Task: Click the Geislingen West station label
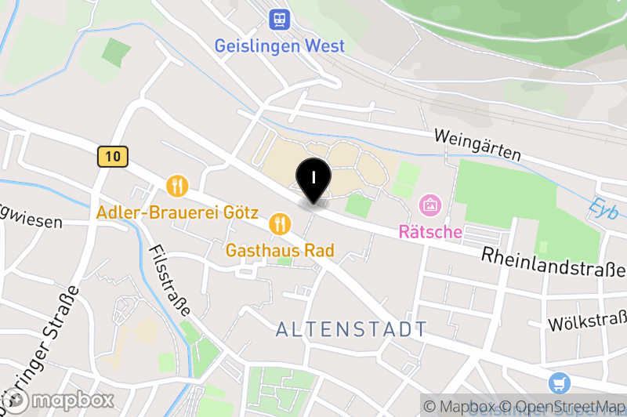click(x=279, y=45)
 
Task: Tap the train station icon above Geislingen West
click(x=279, y=17)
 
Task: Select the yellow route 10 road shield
click(x=113, y=156)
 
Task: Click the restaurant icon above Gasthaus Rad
click(x=280, y=224)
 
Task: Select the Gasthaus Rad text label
click(x=280, y=251)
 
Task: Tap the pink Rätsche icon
click(x=430, y=206)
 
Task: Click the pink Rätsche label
click(x=430, y=232)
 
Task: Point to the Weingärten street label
click(x=478, y=145)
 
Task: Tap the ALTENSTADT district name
click(x=352, y=329)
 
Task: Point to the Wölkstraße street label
click(x=587, y=322)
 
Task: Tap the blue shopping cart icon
click(x=560, y=383)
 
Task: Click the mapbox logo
click(x=59, y=401)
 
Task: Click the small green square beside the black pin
click(x=357, y=206)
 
